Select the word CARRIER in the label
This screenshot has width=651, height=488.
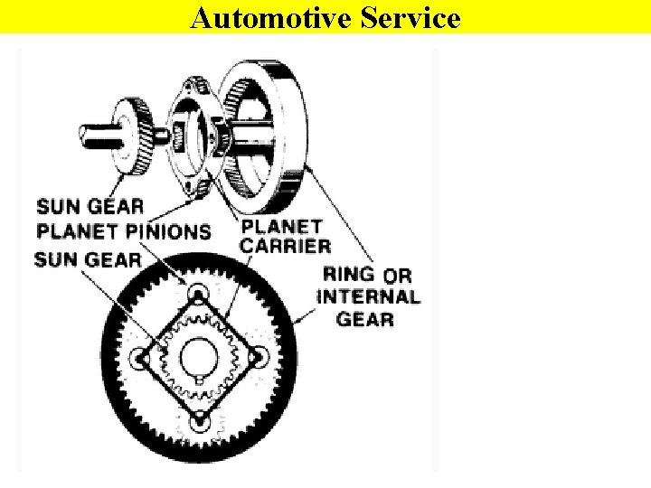coord(286,245)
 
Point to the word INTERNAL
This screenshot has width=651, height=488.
coord(368,296)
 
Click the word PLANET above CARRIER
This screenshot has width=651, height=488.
coord(282,226)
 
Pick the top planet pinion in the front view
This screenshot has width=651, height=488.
coord(199,295)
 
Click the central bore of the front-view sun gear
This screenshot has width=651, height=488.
coord(199,358)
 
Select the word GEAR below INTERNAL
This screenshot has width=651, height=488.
coord(365,319)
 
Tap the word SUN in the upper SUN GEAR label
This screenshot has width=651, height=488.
coord(55,207)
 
